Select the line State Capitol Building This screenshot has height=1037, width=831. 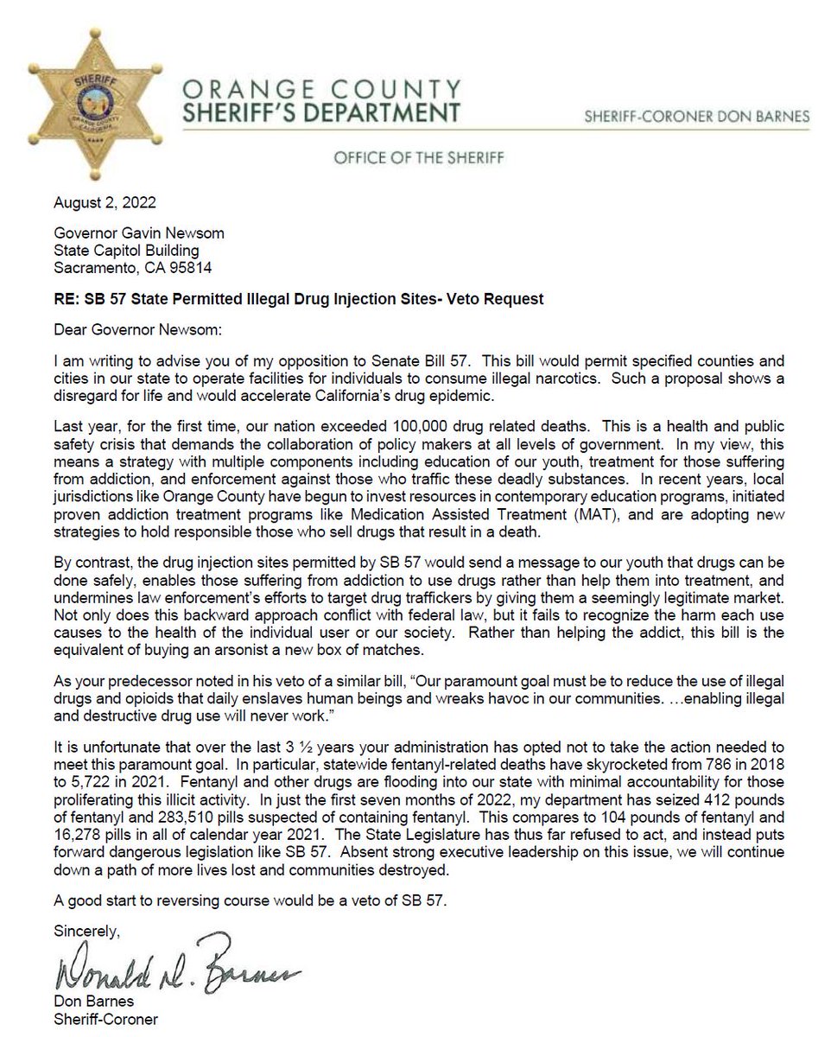pos(129,246)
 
